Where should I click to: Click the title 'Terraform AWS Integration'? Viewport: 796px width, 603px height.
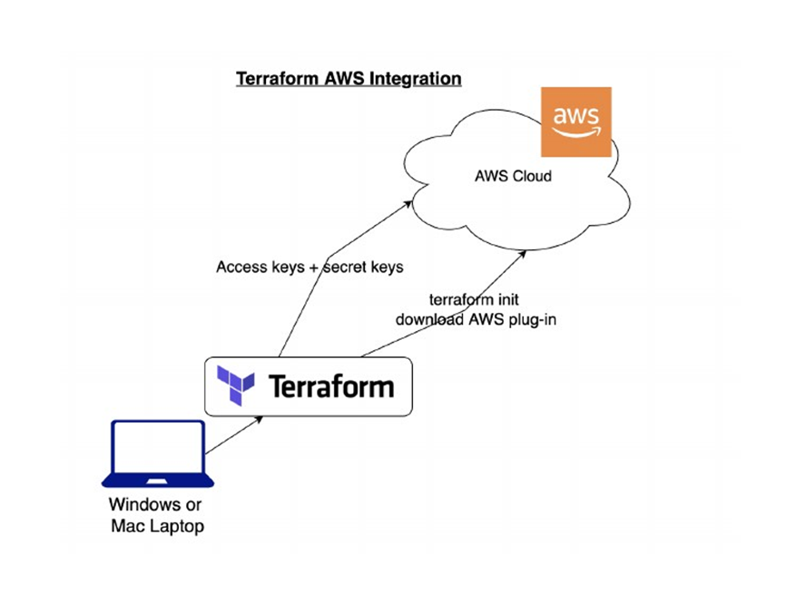(x=349, y=79)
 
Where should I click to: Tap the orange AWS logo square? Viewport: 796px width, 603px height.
(x=575, y=122)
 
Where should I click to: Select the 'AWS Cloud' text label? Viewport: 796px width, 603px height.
(x=513, y=175)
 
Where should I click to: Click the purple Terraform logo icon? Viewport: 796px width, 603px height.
(x=236, y=385)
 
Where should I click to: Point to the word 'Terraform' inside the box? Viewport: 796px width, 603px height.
(x=331, y=387)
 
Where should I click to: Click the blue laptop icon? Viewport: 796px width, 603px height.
(x=157, y=454)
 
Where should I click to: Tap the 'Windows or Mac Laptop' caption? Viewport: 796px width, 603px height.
(x=156, y=515)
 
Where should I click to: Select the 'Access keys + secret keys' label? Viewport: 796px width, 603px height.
(x=310, y=267)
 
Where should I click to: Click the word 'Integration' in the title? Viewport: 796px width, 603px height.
(x=414, y=79)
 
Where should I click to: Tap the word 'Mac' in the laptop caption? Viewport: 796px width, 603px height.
(x=129, y=526)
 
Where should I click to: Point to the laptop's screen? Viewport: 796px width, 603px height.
(x=157, y=447)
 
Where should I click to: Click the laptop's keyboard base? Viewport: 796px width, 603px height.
(x=157, y=480)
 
